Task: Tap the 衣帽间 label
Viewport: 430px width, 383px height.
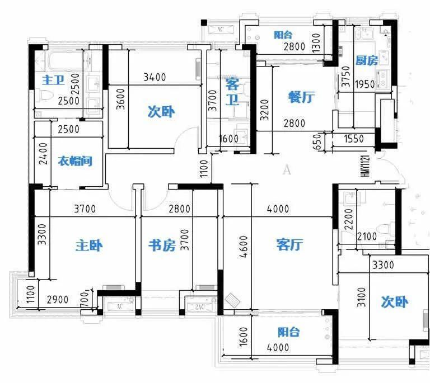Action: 74,162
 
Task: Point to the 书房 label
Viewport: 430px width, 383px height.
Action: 162,245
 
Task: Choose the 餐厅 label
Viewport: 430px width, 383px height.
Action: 301,97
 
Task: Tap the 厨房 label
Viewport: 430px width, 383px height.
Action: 367,60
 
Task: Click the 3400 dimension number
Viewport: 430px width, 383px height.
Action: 154,78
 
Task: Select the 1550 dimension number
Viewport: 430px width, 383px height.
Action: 353,139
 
